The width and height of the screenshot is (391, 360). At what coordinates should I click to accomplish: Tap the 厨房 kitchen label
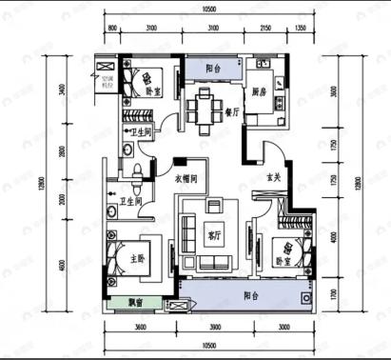pos(259,92)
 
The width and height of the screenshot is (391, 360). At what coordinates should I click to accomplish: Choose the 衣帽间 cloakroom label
pos(186,177)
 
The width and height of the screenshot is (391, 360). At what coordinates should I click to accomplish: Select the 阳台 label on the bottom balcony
pos(248,296)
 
